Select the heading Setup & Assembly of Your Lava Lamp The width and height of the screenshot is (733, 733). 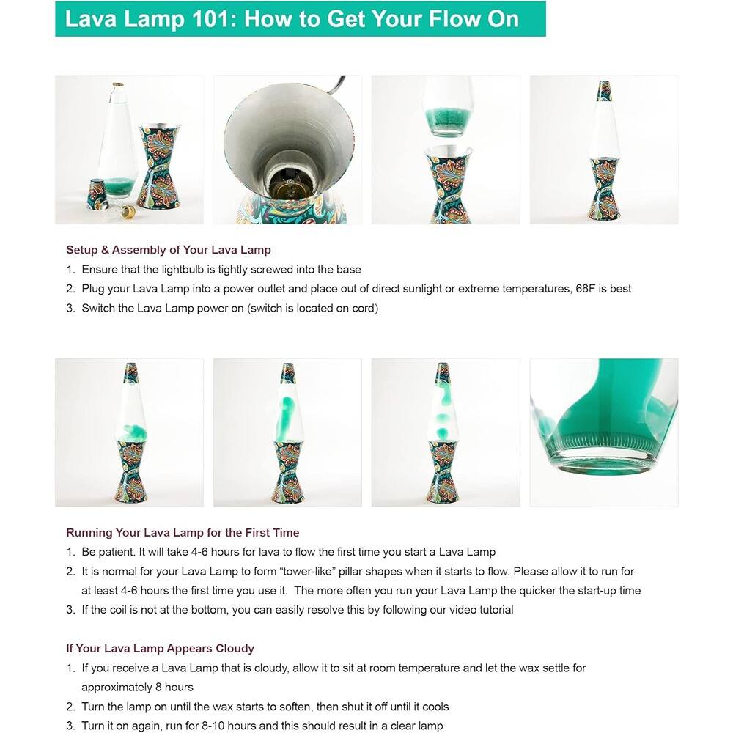pos(169,250)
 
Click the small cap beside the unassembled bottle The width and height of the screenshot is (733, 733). pos(96,191)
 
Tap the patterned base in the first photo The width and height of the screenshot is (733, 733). pos(159,167)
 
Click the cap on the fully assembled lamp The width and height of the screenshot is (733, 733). pos(604,90)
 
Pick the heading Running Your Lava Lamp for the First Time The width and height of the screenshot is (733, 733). pos(183,533)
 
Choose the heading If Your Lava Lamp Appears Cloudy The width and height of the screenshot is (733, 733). pos(160,649)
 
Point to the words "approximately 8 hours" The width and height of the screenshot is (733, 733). pos(137,688)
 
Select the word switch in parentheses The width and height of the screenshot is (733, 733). pos(265,309)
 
